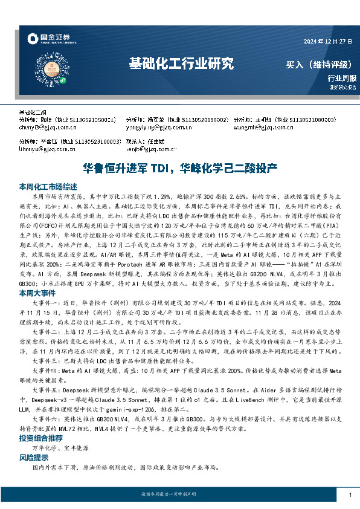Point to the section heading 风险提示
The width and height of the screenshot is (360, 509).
[x=36, y=458]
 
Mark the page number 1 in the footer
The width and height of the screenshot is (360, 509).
[x=350, y=496]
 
